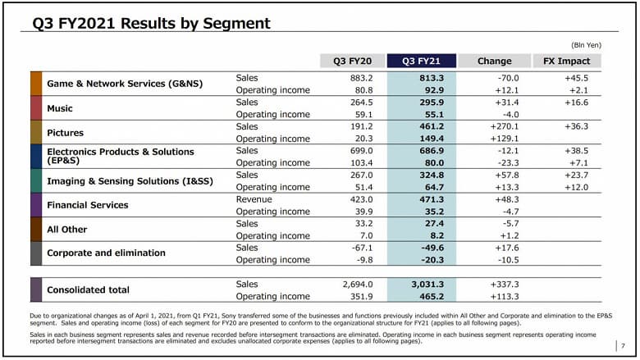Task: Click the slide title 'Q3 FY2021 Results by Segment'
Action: tap(151, 24)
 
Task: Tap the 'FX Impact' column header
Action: tap(567, 61)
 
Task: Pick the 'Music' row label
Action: tap(60, 108)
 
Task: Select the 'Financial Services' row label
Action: tap(88, 205)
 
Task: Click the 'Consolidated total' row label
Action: tap(89, 289)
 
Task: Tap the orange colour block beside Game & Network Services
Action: tap(36, 84)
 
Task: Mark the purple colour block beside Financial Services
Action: tap(36, 205)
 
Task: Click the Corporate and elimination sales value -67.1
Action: tap(360, 248)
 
